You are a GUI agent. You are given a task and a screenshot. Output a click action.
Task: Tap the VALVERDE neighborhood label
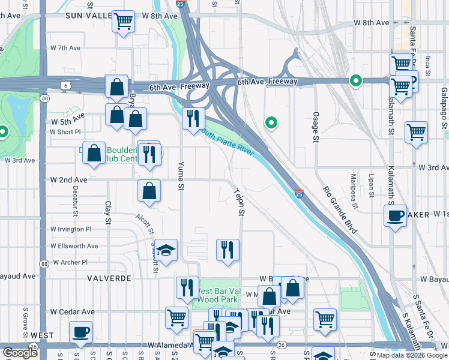(x=109, y=279)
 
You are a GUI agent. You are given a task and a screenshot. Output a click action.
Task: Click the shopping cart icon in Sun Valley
(x=124, y=22)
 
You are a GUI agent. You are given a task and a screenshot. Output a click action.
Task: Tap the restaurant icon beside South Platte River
(x=193, y=119)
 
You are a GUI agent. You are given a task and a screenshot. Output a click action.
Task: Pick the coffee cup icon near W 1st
(x=396, y=215)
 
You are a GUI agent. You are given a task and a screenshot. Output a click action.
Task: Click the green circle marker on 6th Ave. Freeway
(x=355, y=80)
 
